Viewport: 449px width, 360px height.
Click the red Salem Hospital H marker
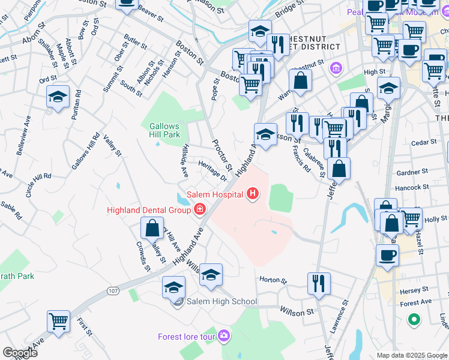(x=253, y=194)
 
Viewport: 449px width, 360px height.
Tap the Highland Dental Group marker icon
(x=199, y=209)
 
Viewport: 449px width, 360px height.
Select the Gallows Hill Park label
(x=164, y=130)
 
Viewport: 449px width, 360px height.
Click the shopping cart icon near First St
(x=58, y=321)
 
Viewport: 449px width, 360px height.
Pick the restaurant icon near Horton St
(x=319, y=283)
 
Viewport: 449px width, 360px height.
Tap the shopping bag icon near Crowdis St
(x=152, y=227)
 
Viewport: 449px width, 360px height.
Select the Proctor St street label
(x=222, y=155)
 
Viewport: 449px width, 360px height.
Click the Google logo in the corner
(x=19, y=352)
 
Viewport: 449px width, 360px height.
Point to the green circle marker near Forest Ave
(x=413, y=320)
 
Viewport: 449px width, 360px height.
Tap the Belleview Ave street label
(x=23, y=139)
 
